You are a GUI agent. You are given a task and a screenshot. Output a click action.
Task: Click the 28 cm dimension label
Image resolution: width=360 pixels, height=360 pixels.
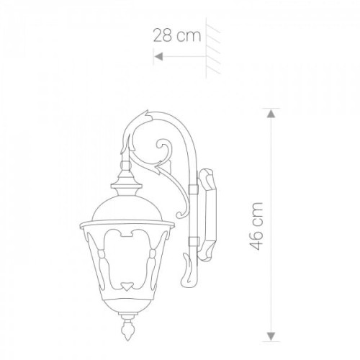177,35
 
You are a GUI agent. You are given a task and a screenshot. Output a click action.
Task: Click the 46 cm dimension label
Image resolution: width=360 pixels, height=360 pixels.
256,226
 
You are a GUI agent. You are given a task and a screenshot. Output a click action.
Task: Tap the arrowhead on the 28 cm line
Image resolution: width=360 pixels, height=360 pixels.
158,57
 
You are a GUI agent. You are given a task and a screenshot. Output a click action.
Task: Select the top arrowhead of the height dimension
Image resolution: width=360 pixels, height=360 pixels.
271,114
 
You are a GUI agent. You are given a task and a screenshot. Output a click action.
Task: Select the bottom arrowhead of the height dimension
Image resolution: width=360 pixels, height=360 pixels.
271,336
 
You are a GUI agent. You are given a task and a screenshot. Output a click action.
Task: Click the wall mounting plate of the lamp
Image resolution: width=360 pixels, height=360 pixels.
207,215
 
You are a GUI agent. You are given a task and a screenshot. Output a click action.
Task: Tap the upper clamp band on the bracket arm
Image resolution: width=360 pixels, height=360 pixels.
193,189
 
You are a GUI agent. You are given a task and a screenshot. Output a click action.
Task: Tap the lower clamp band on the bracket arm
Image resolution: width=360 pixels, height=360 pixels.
193,242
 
